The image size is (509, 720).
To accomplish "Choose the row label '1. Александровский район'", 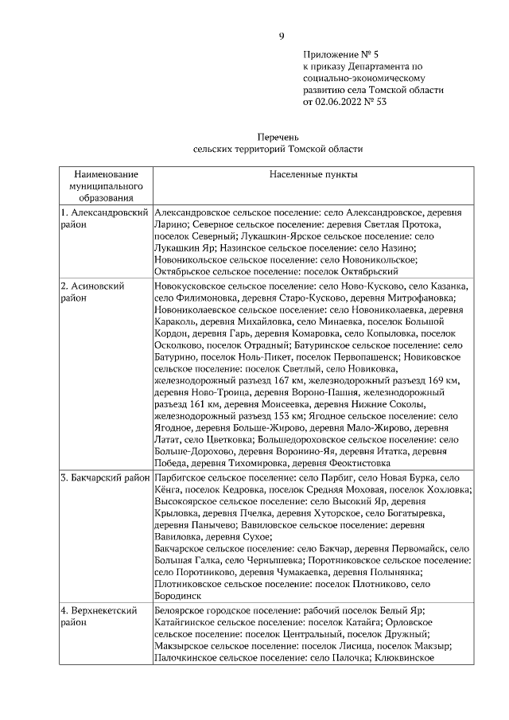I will tap(105, 219).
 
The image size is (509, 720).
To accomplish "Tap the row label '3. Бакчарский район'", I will tap(105, 477).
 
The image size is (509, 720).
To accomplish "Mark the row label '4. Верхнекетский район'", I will tap(101, 617).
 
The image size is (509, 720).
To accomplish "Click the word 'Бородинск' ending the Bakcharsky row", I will tap(177, 594).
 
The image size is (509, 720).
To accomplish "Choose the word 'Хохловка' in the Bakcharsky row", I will tap(445, 490).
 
